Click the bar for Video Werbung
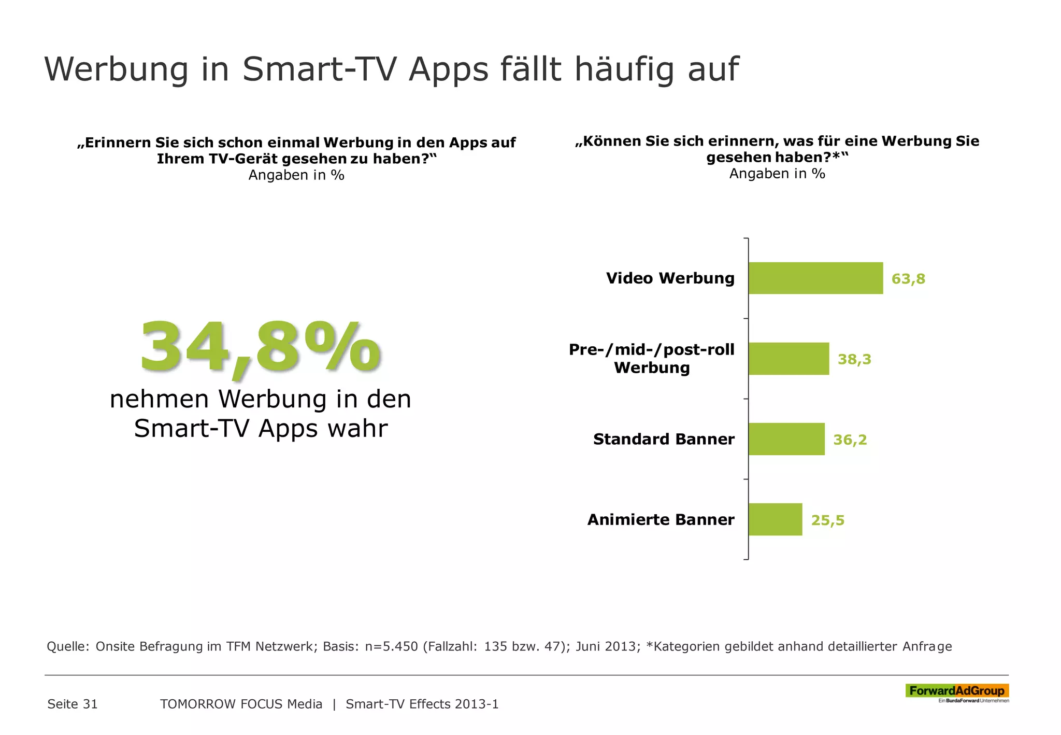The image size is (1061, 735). point(815,278)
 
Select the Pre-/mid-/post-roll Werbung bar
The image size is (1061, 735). point(788,359)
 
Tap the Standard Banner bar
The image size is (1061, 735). point(786,439)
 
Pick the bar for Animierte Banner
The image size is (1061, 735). point(775,519)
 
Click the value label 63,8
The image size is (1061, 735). point(908,279)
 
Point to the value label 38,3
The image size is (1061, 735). point(854,359)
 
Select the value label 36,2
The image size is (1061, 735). point(850,440)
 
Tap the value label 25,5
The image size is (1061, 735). point(827,520)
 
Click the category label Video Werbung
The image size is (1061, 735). point(670,278)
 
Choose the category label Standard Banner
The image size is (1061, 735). point(663,440)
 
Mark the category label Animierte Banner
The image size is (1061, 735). point(661,520)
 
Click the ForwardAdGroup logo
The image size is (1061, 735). point(956,691)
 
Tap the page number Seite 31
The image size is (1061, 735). point(73,704)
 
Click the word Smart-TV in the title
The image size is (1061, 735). point(320,69)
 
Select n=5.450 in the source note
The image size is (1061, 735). point(391,646)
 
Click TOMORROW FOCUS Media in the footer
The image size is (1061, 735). point(241,704)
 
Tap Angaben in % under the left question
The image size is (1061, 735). point(296,175)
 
